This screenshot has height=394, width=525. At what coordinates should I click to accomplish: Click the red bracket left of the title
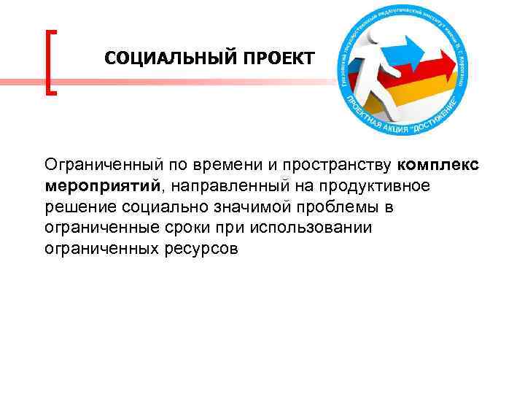[x=51, y=62]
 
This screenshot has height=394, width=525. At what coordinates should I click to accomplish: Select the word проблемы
[x=336, y=207]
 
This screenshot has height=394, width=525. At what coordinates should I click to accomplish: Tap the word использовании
[x=311, y=228]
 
